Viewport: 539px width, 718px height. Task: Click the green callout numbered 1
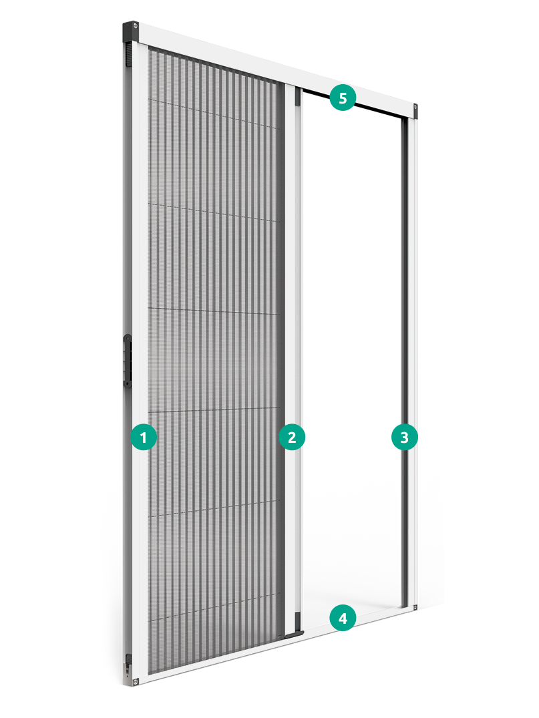pos(144,437)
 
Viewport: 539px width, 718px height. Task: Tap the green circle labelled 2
pos(292,437)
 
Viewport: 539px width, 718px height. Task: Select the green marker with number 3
pos(404,437)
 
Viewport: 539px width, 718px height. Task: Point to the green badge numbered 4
pos(343,618)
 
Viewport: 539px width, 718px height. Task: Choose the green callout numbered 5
pos(343,98)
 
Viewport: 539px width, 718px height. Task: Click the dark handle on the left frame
pos(128,361)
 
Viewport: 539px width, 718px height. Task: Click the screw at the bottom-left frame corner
pos(136,682)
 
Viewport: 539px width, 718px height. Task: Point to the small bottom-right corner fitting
pos(415,608)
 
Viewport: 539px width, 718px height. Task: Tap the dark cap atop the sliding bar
pos(297,97)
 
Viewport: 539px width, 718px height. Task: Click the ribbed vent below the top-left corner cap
pos(128,54)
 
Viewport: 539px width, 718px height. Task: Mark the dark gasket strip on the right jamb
pos(404,362)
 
